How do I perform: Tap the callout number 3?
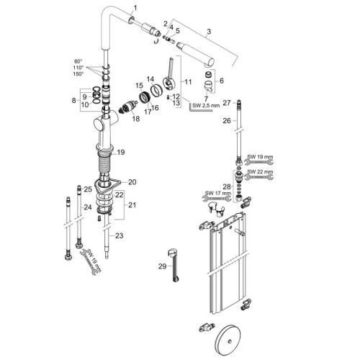click(x=208, y=32)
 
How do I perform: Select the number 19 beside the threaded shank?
click(x=121, y=152)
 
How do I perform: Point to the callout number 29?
click(x=162, y=266)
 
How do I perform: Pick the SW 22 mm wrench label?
click(x=258, y=173)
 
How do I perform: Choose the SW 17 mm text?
click(x=215, y=192)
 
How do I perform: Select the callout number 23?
click(x=120, y=235)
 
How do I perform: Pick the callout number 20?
click(x=132, y=181)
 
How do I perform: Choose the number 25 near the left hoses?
click(x=88, y=189)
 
